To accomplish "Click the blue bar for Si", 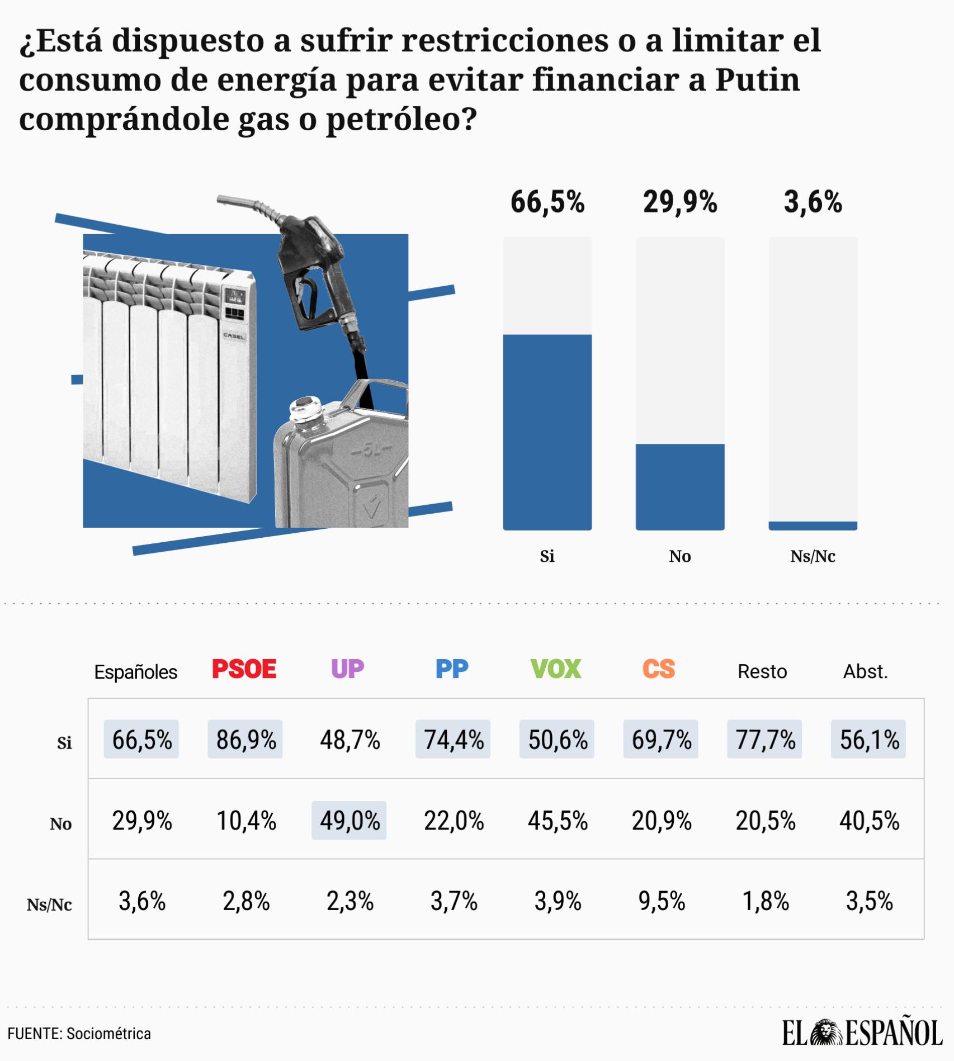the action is (x=547, y=432).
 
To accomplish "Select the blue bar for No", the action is (x=680, y=487).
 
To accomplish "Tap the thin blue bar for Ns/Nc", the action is (x=813, y=525).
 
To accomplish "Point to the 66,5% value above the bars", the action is (x=547, y=202).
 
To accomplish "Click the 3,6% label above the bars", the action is (x=813, y=202).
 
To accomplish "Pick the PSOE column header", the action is (x=244, y=669).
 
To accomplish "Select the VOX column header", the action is (x=556, y=669).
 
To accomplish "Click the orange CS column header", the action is (x=659, y=669).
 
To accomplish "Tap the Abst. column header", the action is (x=866, y=671).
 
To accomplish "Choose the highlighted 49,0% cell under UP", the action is (x=349, y=820).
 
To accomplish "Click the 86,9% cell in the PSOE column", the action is (x=245, y=739).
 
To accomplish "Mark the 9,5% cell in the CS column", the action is (x=662, y=901).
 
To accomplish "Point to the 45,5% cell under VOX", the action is (x=558, y=821).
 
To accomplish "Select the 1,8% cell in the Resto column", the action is (x=766, y=901).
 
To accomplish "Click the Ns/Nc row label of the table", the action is (x=49, y=904).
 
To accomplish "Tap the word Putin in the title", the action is (x=758, y=79).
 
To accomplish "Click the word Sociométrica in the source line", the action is (x=108, y=1034).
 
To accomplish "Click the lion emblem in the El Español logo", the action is (x=827, y=1032).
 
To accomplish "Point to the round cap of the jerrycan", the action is (x=305, y=406).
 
